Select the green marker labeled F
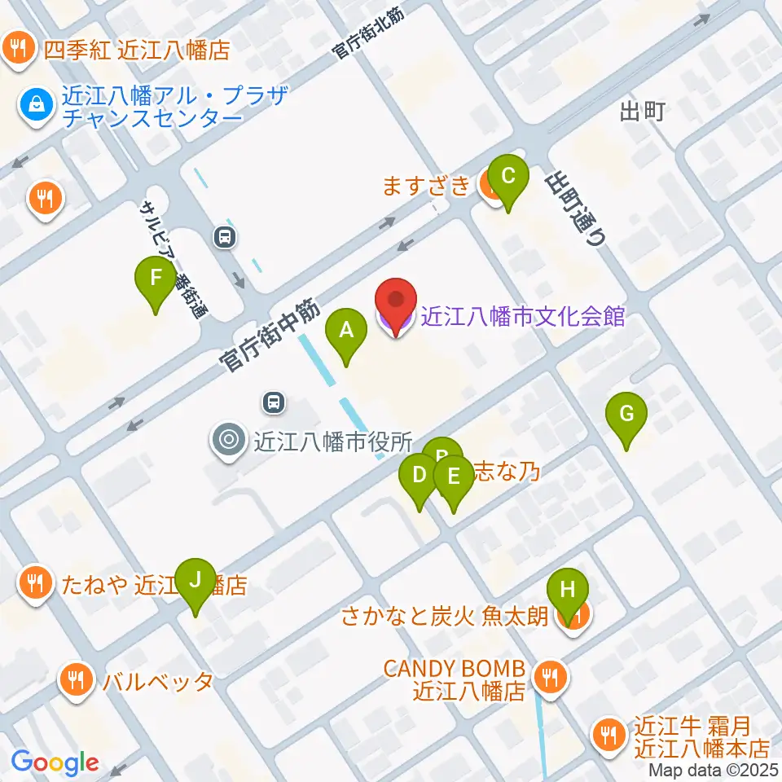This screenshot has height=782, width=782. [155, 279]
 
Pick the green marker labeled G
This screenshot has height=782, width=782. [626, 415]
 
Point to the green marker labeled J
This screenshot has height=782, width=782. [195, 581]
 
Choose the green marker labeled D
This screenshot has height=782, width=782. [420, 476]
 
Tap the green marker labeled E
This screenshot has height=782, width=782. [454, 478]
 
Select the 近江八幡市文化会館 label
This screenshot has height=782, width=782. [522, 316]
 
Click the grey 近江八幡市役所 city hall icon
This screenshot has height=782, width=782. [227, 441]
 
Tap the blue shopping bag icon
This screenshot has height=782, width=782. [37, 103]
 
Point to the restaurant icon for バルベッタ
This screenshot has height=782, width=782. [77, 680]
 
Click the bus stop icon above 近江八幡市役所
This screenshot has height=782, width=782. [274, 401]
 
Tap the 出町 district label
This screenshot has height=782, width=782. [642, 112]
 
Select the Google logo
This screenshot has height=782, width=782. [55, 762]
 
